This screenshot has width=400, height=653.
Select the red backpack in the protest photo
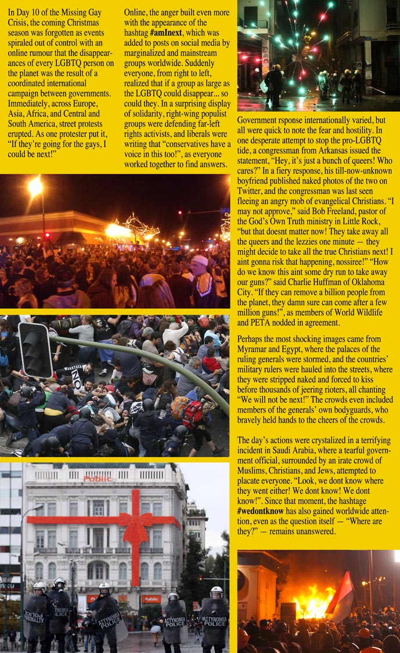(192, 414)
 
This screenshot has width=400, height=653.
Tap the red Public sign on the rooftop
(97, 478)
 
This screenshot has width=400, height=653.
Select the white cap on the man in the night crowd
(199, 260)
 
